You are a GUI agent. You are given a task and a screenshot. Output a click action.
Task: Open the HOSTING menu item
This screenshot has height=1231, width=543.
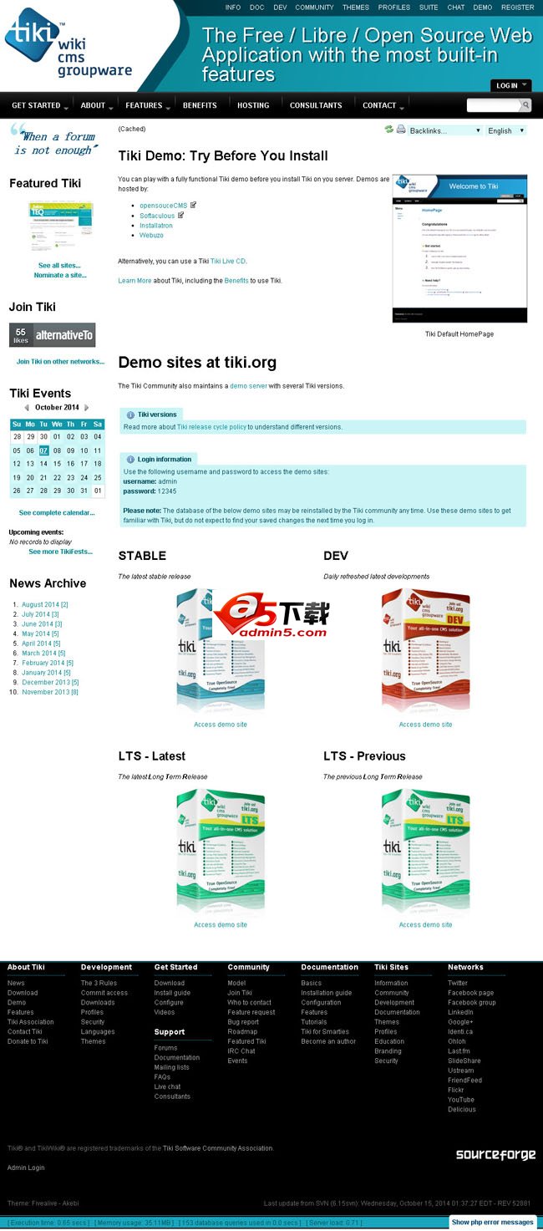[253, 105]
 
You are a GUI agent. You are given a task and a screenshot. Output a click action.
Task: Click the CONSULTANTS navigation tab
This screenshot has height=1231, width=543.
[316, 105]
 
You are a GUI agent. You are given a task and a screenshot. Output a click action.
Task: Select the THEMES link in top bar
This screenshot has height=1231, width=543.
[356, 8]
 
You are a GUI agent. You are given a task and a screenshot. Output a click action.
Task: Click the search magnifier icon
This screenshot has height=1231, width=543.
[525, 105]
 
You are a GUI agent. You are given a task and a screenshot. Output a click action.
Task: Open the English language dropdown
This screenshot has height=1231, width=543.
[506, 130]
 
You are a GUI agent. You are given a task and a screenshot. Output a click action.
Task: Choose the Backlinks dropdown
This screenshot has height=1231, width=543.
[445, 130]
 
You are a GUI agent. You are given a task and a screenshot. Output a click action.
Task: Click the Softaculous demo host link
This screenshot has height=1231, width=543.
[157, 216]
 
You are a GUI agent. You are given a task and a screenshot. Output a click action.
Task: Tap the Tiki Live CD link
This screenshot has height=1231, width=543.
[228, 262]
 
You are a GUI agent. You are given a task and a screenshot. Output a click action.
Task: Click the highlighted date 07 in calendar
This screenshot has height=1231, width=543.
[43, 450]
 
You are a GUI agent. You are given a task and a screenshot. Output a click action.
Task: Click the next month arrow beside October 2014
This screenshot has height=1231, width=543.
[87, 408]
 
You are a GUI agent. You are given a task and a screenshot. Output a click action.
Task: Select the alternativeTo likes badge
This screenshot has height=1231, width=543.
[52, 335]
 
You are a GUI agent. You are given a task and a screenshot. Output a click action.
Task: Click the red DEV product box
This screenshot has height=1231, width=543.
[425, 649]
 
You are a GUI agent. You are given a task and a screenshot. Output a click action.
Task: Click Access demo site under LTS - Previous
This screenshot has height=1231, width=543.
[425, 924]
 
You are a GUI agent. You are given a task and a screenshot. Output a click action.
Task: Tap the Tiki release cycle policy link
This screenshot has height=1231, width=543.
[211, 427]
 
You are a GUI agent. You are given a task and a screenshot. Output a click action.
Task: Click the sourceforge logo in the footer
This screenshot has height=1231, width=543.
[495, 1154]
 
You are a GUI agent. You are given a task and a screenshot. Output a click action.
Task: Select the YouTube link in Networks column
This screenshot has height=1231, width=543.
[460, 1100]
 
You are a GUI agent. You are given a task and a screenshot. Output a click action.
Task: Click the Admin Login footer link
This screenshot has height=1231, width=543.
[26, 1167]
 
